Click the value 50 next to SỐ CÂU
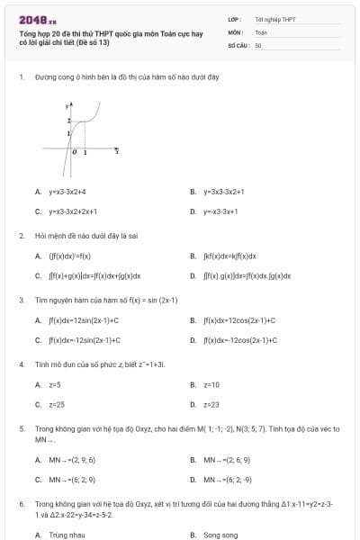click(258, 44)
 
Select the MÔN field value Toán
click(261, 31)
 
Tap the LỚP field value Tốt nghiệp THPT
click(274, 18)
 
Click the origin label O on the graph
click(76, 154)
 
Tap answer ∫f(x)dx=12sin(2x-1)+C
click(84, 319)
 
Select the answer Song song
click(220, 535)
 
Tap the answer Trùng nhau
click(67, 535)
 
